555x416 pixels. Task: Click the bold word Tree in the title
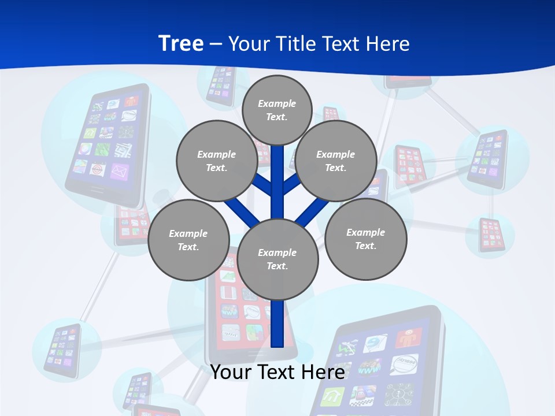[181, 43]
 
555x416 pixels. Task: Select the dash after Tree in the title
[216, 44]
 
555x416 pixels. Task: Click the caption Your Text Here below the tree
[277, 372]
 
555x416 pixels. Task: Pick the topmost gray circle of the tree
[277, 110]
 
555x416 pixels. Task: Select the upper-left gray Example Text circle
[216, 161]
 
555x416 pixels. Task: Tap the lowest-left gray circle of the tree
[188, 240]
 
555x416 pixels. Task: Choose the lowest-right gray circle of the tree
[365, 239]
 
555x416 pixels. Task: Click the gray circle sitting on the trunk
[277, 259]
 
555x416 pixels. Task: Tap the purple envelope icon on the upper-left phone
[119, 172]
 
